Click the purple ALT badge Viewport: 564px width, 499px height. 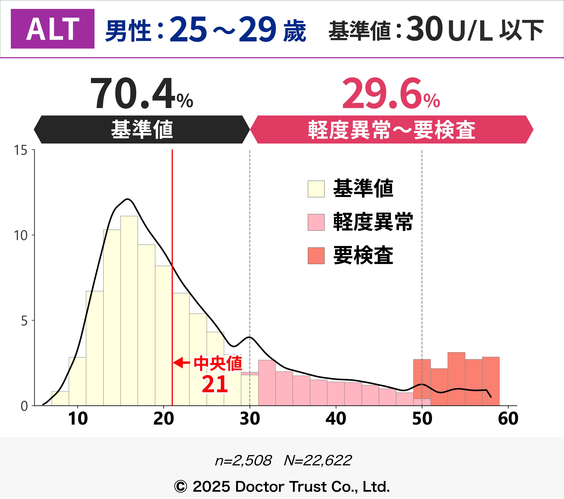tap(52, 29)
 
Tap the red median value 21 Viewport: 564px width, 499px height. tap(215, 384)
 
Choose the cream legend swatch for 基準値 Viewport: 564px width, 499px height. tap(316, 189)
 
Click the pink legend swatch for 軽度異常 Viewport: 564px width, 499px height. tap(316, 222)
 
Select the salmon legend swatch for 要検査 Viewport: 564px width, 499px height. tap(316, 256)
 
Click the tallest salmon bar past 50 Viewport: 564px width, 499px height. tap(456, 379)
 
